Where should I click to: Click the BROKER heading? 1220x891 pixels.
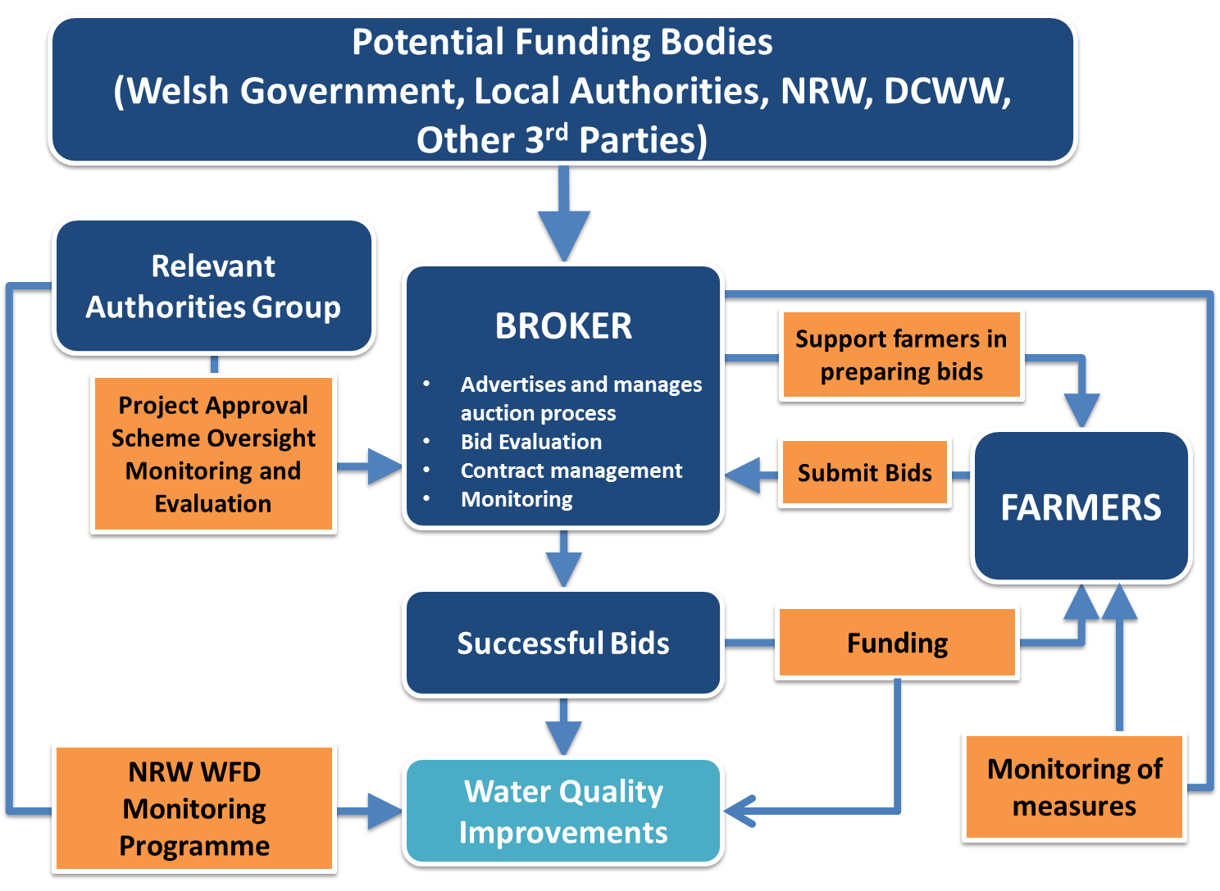click(x=563, y=326)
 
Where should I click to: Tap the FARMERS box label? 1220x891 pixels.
click(x=1081, y=507)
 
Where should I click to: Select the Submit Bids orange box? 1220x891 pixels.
click(x=864, y=473)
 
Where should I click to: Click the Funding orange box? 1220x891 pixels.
click(x=897, y=643)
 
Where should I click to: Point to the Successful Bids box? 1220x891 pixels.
click(x=563, y=643)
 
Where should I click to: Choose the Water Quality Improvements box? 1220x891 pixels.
click(x=563, y=811)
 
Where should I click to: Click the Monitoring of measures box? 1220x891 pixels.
click(x=1074, y=787)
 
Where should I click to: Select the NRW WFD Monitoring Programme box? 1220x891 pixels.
click(x=194, y=808)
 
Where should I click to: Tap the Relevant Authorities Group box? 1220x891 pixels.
click(x=213, y=286)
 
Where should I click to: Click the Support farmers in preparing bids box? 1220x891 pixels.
click(x=901, y=356)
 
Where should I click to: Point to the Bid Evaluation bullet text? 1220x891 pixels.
click(x=531, y=442)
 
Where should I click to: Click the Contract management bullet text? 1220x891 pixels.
click(x=571, y=471)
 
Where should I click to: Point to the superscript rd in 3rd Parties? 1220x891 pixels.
click(x=557, y=132)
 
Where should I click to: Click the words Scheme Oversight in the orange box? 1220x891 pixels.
click(x=213, y=439)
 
